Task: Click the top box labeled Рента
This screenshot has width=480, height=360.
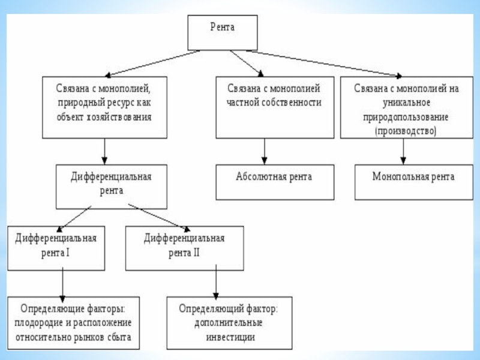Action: pyautogui.click(x=223, y=33)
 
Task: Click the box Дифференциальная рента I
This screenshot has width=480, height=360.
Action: pyautogui.click(x=56, y=246)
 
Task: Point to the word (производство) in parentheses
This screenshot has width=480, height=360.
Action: pyautogui.click(x=406, y=130)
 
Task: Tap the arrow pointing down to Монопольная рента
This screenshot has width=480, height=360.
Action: pyautogui.click(x=403, y=151)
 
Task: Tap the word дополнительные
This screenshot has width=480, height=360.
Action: pyautogui.click(x=229, y=323)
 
